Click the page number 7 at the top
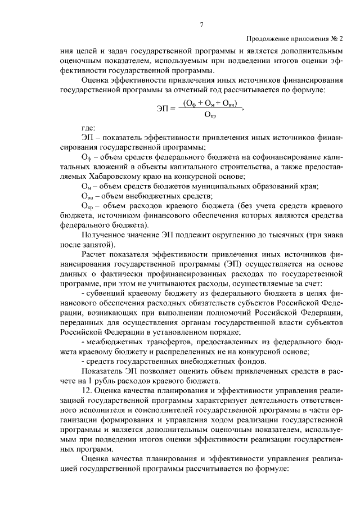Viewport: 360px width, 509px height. pyautogui.click(x=201, y=24)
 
